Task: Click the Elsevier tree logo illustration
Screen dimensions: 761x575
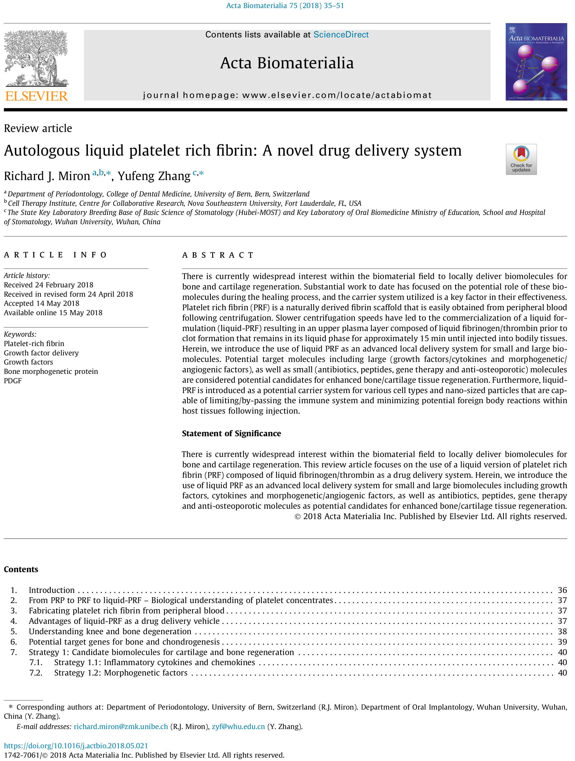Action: point(36,58)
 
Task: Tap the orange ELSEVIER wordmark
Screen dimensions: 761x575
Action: point(36,96)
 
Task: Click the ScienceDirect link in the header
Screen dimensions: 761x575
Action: point(341,35)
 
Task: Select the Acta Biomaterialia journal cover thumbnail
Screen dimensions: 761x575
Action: point(536,62)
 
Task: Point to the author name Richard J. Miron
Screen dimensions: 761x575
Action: point(47,176)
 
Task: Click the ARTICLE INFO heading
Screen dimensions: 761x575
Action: point(55,255)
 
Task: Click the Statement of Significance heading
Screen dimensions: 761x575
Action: point(231,433)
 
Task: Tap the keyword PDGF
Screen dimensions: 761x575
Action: point(13,381)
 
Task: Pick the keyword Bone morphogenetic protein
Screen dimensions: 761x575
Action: point(51,372)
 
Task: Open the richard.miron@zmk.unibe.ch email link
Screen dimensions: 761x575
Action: point(121,727)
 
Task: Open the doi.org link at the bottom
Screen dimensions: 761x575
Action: point(76,746)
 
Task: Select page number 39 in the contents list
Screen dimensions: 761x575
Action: point(562,642)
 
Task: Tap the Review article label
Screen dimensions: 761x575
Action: point(38,128)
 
